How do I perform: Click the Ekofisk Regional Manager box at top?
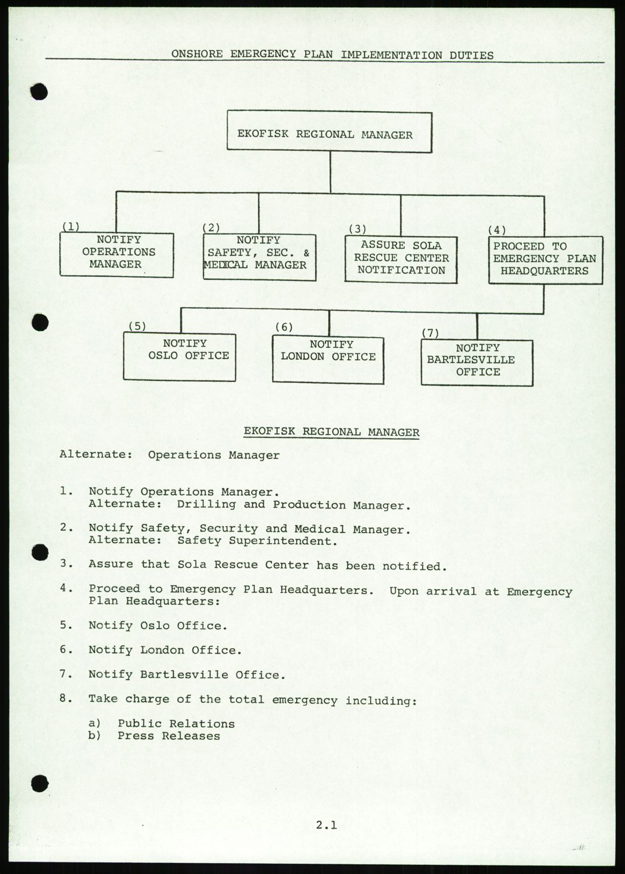(x=329, y=132)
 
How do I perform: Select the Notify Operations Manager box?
(x=116, y=254)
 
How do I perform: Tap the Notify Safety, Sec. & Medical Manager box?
(x=259, y=256)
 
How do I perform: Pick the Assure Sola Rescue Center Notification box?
(x=400, y=259)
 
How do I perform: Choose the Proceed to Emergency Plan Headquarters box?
(x=545, y=260)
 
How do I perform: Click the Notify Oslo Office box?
(x=179, y=356)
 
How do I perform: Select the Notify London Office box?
(x=328, y=358)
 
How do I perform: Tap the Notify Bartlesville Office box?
(x=476, y=362)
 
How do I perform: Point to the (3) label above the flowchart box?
(x=357, y=229)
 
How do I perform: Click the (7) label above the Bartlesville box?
(x=430, y=333)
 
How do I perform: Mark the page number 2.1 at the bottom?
(x=326, y=825)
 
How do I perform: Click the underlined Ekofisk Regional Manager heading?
(x=331, y=432)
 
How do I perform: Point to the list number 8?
(x=66, y=698)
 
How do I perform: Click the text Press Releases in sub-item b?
(x=168, y=736)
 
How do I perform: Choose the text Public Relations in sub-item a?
(x=176, y=723)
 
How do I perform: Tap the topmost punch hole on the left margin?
(x=40, y=92)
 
